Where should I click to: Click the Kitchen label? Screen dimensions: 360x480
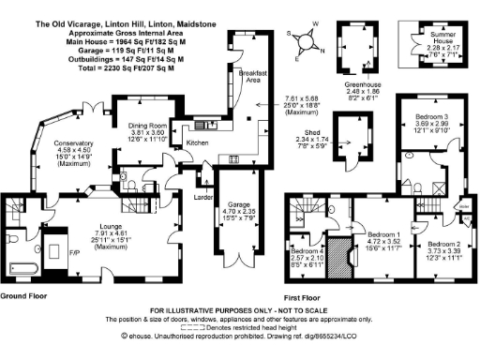coord(198,142)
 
